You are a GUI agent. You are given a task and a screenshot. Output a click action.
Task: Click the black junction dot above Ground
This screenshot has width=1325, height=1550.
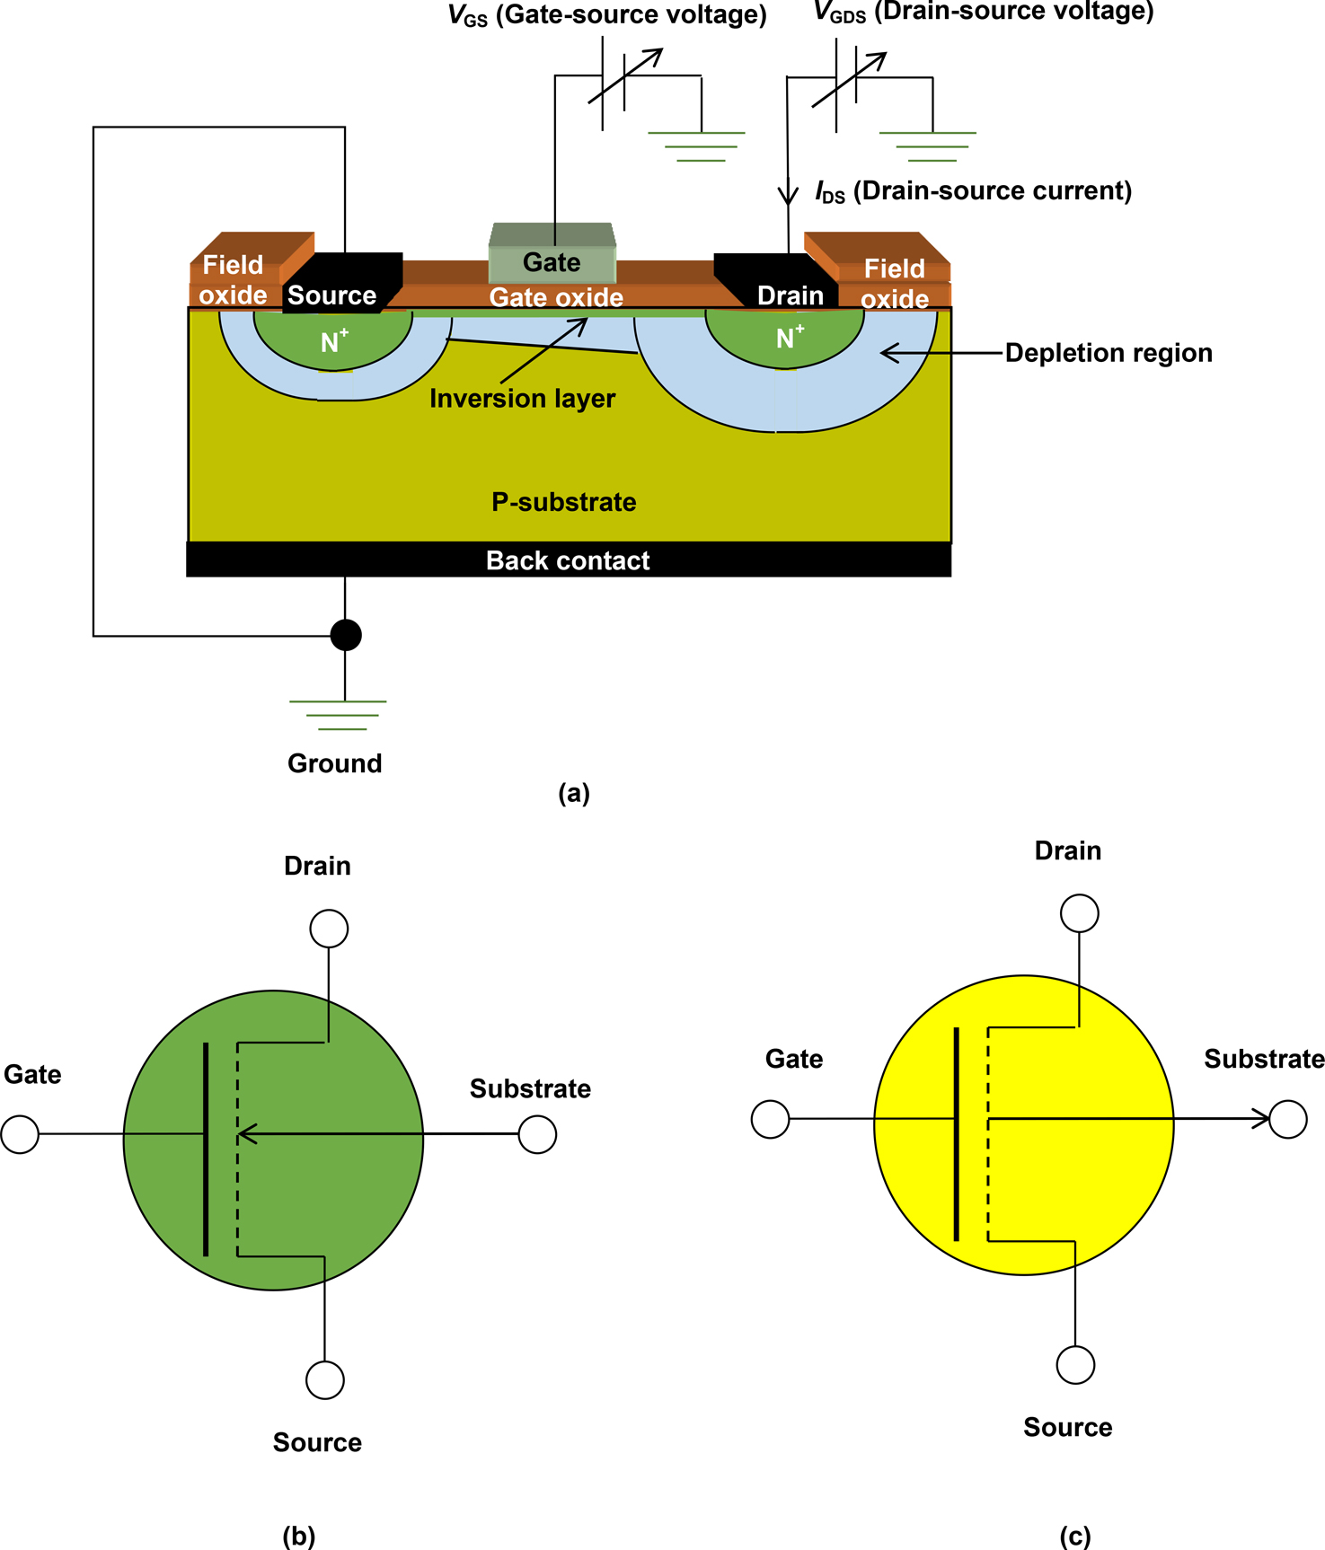click(346, 635)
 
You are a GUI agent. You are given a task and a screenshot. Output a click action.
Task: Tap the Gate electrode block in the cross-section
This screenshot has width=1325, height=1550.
click(552, 255)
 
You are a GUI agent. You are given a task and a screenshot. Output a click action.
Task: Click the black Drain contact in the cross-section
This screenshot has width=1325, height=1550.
click(778, 284)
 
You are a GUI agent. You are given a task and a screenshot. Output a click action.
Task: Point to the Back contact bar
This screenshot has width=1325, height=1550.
click(568, 559)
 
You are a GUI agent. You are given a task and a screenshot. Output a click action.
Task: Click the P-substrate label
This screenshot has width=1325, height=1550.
click(563, 502)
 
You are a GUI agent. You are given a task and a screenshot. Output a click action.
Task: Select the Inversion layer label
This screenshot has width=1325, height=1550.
click(522, 399)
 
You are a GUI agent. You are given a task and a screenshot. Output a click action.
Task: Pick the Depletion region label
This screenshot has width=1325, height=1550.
click(1108, 353)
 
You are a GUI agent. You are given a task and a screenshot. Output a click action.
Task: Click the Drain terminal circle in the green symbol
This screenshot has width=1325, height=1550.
click(329, 929)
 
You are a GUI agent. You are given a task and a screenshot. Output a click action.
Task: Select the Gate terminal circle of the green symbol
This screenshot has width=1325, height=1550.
click(20, 1134)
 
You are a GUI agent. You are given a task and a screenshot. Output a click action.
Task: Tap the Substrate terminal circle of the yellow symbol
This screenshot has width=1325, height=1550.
click(1288, 1119)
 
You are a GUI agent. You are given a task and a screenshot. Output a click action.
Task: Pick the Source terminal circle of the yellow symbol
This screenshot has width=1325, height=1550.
click(1075, 1365)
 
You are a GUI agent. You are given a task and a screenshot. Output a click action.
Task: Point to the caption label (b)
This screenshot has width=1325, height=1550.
click(299, 1535)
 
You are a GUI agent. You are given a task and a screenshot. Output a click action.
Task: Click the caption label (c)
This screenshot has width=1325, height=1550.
click(1075, 1535)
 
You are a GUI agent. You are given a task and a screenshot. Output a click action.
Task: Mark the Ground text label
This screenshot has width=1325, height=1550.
click(334, 763)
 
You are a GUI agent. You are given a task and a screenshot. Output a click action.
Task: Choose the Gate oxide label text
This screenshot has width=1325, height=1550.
click(556, 297)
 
